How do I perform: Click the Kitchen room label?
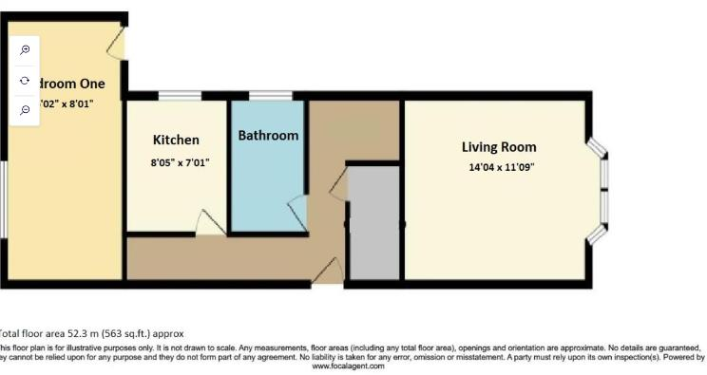click(176, 140)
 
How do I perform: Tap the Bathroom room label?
click(268, 136)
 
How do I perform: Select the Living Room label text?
click(499, 147)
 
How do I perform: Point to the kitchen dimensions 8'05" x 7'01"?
click(181, 163)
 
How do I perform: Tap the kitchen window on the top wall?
click(172, 95)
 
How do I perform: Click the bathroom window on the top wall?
click(270, 95)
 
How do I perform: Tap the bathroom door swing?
click(297, 211)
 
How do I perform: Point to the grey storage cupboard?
click(373, 223)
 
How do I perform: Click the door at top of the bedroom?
click(117, 42)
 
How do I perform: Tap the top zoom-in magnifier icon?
click(25, 50)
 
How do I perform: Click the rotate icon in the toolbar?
click(25, 81)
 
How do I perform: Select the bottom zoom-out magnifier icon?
click(25, 110)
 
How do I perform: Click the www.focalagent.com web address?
click(348, 366)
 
